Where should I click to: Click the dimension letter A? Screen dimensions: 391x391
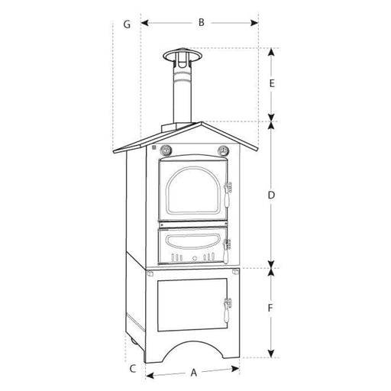point(194,373)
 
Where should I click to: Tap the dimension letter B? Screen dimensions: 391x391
point(202,22)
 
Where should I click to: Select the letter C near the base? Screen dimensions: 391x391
point(133,369)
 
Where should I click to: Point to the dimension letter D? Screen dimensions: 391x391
point(272,195)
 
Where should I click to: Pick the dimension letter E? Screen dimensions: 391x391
point(272,83)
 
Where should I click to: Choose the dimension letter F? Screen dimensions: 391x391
point(270,308)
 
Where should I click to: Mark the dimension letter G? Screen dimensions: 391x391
point(127,24)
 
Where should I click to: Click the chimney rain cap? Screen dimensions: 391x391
point(183,56)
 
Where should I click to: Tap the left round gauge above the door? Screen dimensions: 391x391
point(166,150)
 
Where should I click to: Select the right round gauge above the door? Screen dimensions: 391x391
point(223,150)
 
